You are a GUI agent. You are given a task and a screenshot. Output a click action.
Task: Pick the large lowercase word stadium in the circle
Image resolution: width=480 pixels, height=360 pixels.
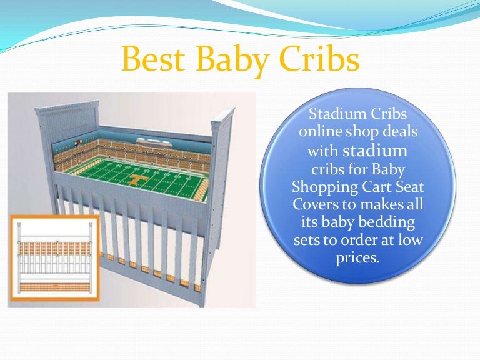point(376,151)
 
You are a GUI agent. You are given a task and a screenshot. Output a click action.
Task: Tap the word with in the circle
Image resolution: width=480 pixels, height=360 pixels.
point(323,151)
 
